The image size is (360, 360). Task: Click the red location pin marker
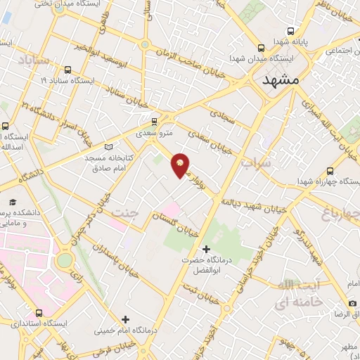coord(180,165)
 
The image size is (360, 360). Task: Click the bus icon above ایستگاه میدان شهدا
coord(261,49)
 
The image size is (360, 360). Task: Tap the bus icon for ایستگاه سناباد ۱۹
coord(67,70)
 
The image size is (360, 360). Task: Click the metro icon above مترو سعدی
coord(155,120)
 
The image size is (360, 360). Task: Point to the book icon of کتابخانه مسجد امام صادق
coord(108,147)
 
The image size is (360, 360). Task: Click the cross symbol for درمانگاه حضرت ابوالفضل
coord(206,249)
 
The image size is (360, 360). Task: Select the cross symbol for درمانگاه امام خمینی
coord(126,319)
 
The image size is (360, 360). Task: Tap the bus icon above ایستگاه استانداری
coord(38,313)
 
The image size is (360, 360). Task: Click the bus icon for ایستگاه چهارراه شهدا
coord(330,171)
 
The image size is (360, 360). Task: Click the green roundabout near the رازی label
coord(65,260)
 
